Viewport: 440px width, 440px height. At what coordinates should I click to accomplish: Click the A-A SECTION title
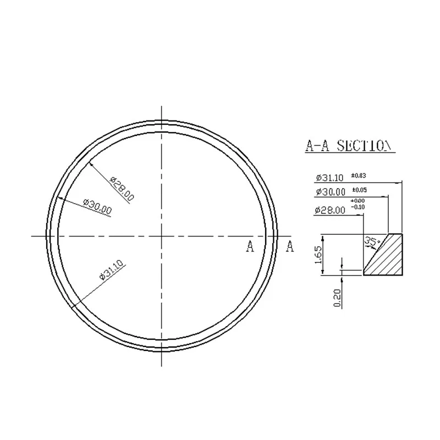349,146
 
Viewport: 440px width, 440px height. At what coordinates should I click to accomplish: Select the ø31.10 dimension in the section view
330,178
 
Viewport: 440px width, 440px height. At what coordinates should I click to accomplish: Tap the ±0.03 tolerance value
359,175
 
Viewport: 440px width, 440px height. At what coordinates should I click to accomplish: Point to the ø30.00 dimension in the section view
330,193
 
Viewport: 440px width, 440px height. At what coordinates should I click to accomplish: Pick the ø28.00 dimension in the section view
330,210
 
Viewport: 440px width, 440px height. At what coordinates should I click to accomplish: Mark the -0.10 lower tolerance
358,207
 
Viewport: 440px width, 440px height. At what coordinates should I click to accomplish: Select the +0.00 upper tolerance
358,201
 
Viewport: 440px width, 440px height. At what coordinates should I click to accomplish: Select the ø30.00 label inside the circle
96,206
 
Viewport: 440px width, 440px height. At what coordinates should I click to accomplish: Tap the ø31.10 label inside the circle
111,270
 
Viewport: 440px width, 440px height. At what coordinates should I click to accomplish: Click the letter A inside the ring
250,246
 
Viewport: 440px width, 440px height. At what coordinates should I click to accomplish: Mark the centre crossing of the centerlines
161,236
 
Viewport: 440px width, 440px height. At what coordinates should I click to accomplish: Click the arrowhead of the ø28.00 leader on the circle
90,163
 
